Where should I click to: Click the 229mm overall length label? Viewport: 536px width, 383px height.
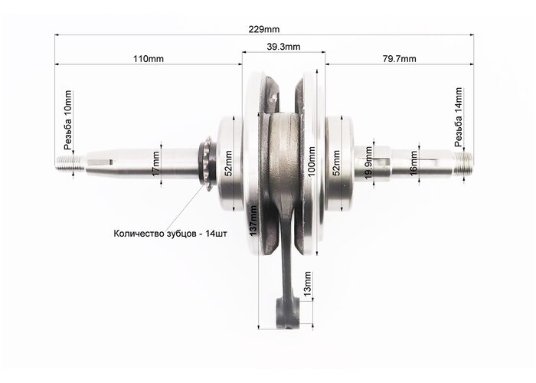pyautogui.click(x=263, y=29)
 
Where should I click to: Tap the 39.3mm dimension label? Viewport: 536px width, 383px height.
pyautogui.click(x=283, y=47)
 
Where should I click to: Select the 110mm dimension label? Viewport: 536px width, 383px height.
pyautogui.click(x=149, y=59)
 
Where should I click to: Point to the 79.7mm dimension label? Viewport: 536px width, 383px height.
pyautogui.click(x=399, y=59)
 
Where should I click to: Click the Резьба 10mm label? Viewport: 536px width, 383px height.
pyautogui.click(x=68, y=120)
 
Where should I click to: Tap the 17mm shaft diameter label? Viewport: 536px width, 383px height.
pyautogui.click(x=156, y=163)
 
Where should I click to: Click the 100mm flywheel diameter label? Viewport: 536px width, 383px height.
pyautogui.click(x=312, y=162)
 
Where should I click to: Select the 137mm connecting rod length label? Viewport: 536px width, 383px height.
pyautogui.click(x=253, y=221)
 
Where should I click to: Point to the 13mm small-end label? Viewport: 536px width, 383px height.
pyautogui.click(x=308, y=284)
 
